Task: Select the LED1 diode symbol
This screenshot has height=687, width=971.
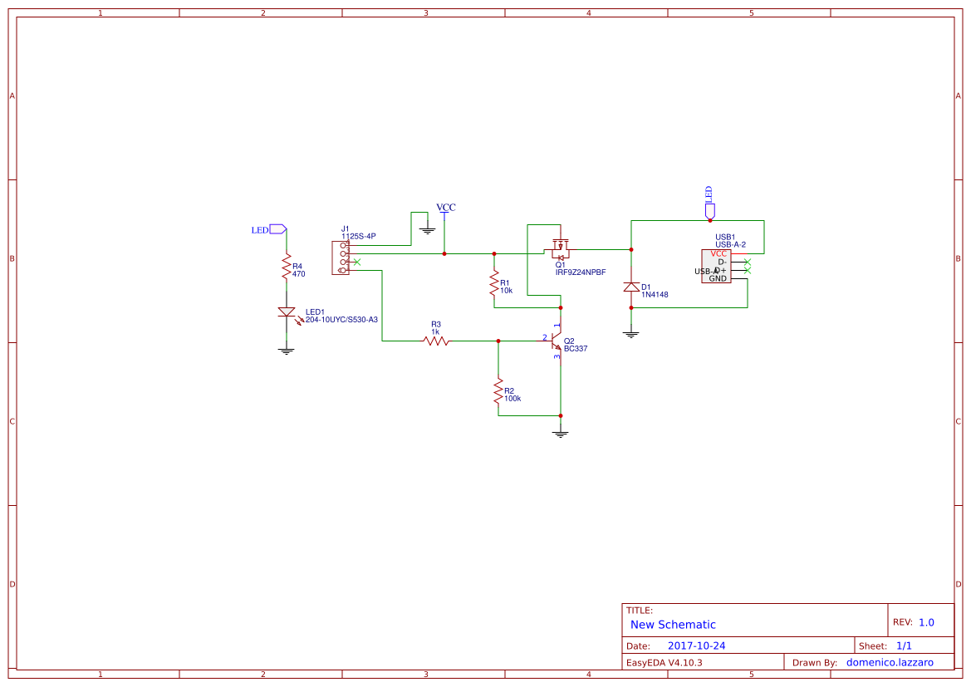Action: coord(287,313)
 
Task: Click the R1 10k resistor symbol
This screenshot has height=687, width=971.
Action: coord(494,284)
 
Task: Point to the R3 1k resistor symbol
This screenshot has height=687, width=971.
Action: coord(436,340)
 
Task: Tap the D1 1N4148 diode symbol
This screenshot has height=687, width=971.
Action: coord(631,287)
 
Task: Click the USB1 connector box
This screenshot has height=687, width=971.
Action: coord(716,266)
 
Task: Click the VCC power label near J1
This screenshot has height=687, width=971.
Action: coord(446,209)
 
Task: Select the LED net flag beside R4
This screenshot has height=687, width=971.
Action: coord(278,229)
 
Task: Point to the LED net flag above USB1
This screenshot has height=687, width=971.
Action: coord(709,209)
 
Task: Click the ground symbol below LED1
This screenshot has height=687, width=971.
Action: coord(287,351)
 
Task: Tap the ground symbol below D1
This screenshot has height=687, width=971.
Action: coord(631,334)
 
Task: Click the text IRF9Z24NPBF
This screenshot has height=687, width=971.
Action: coord(580,272)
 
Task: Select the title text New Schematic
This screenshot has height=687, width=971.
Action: coord(673,625)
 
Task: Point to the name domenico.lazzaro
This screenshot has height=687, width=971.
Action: coord(889,663)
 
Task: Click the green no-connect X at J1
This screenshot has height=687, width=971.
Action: coord(357,263)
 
